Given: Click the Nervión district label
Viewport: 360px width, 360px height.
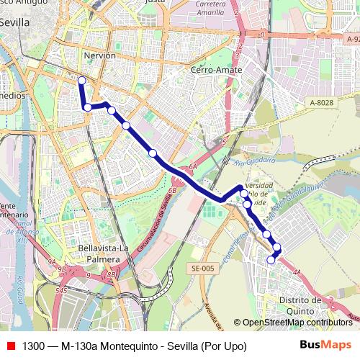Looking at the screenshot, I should (x=99, y=55).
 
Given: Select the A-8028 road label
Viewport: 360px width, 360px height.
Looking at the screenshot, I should (x=321, y=103).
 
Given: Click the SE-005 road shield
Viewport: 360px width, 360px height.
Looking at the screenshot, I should (x=203, y=269).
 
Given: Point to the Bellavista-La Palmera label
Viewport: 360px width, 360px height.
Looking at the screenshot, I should (x=102, y=254).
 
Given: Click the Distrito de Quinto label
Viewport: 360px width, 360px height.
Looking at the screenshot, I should (x=301, y=305).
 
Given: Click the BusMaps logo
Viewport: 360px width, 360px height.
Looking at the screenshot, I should (x=325, y=346).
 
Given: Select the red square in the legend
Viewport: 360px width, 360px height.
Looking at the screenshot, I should (x=10, y=346).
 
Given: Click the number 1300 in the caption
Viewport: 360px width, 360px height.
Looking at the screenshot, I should (x=35, y=346).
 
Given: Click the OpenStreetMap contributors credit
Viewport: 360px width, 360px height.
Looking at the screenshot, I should (x=297, y=323).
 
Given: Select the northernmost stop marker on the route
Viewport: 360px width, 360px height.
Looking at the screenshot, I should (x=81, y=81).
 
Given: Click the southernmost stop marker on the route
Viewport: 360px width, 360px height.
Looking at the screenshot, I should (x=271, y=260).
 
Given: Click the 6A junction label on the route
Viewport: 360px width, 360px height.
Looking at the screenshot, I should (x=192, y=167).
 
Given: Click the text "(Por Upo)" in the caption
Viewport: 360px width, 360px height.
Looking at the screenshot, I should (x=223, y=346).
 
